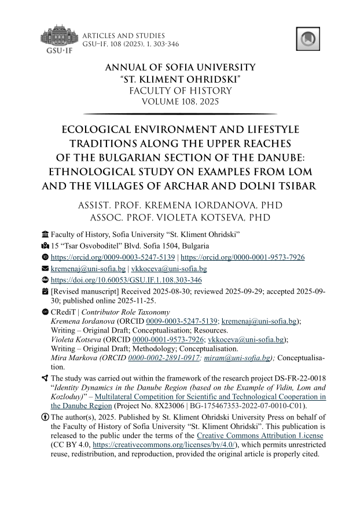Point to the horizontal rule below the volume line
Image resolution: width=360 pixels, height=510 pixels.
180,114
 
